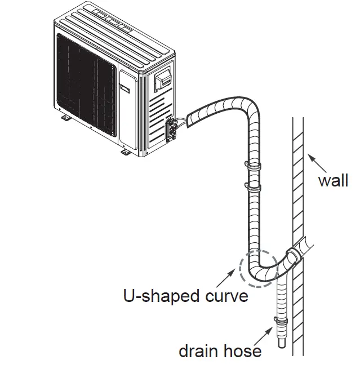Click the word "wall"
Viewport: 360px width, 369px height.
pos(333,181)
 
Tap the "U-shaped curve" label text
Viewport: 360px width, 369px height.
pos(185,296)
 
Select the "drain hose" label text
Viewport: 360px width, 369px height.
pos(220,351)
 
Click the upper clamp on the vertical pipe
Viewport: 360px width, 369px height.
pos(253,165)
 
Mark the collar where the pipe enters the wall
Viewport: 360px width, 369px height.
pos(292,256)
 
